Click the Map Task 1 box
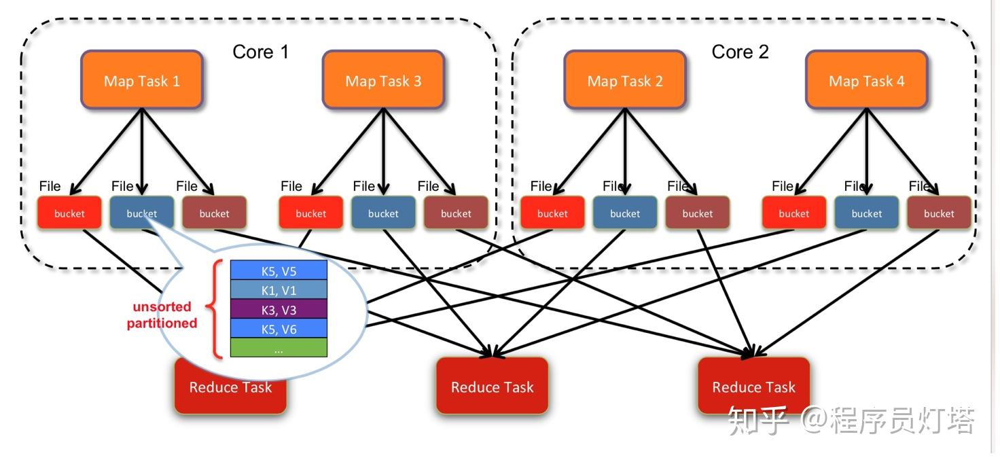tap(141, 79)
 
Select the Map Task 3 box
tap(383, 79)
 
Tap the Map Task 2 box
tap(624, 79)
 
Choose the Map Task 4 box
tap(866, 79)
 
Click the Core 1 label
tap(260, 52)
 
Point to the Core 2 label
tap(740, 52)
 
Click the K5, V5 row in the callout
tap(279, 271)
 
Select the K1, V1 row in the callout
tap(279, 290)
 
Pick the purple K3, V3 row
tap(279, 310)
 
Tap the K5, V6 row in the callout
tap(279, 329)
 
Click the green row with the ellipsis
tap(279, 349)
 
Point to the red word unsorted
tap(162, 306)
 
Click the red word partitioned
tap(162, 323)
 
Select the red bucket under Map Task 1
tap(69, 213)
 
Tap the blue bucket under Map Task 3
tap(383, 213)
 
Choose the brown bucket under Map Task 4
tap(939, 213)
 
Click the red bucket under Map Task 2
tap(552, 213)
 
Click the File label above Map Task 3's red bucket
tap(291, 186)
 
